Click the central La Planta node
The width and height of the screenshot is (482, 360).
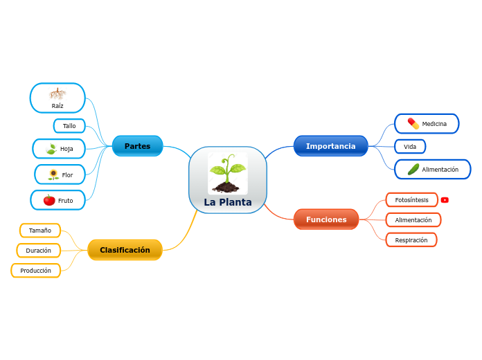[x=227, y=180]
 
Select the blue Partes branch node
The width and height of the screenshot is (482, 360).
[x=137, y=146]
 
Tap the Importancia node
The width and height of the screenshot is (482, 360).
[x=330, y=146]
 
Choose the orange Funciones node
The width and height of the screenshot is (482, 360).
[x=326, y=219]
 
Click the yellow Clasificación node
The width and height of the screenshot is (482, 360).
[x=125, y=250]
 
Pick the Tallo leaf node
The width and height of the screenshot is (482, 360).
[x=69, y=126]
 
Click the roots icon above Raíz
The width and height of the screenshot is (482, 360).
[x=57, y=93]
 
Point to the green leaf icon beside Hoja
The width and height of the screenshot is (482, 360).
[x=51, y=149]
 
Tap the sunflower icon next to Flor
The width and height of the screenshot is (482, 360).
[x=53, y=174]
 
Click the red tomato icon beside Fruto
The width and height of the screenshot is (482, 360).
[x=49, y=200]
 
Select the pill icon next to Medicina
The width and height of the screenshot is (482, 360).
[x=413, y=123]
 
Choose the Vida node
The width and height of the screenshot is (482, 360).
[x=410, y=147]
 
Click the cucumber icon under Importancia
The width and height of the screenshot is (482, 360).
[x=413, y=169]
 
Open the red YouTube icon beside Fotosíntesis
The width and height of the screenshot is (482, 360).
[x=445, y=200]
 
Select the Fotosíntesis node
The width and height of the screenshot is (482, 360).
[x=411, y=200]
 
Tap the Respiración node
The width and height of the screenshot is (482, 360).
[x=411, y=240]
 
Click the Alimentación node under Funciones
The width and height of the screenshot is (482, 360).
[x=413, y=220]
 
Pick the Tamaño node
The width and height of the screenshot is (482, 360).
[x=40, y=231]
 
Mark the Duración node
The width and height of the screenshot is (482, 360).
[x=39, y=251]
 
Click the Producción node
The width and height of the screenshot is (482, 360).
[x=36, y=271]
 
